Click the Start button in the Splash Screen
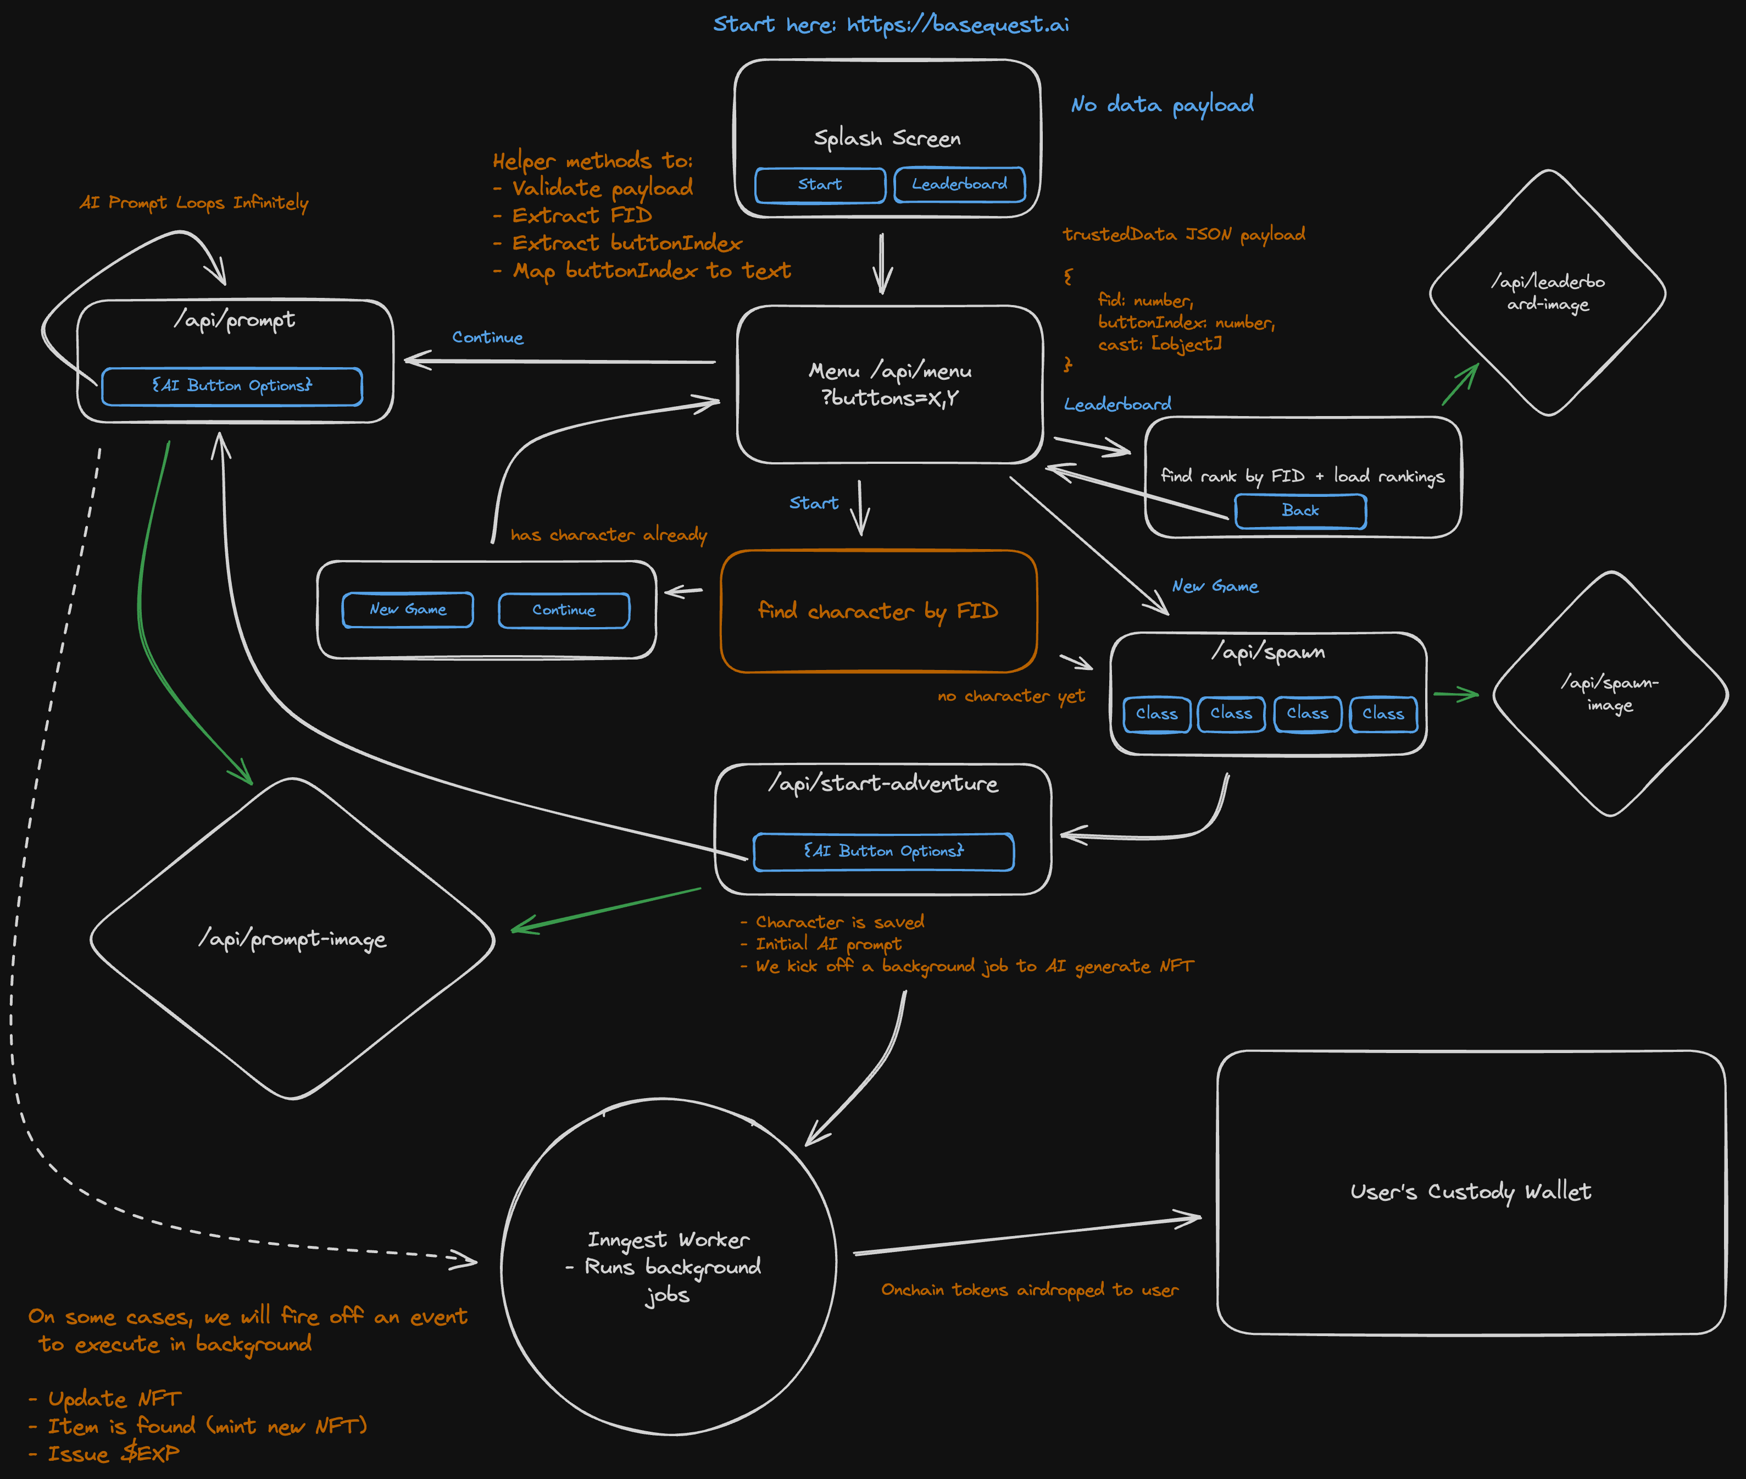click(820, 185)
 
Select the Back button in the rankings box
click(1300, 511)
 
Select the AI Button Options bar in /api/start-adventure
click(883, 851)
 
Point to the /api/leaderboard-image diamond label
click(1547, 292)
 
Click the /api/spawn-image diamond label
click(1609, 694)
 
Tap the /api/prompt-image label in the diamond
click(292, 939)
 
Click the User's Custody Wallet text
click(1470, 1192)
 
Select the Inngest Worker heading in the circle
click(668, 1239)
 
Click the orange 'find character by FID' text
click(877, 611)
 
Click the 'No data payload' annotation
click(1162, 105)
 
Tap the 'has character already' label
click(609, 535)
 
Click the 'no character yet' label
click(1011, 696)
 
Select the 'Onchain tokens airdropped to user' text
click(1030, 1289)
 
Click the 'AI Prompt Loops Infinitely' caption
click(193, 203)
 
